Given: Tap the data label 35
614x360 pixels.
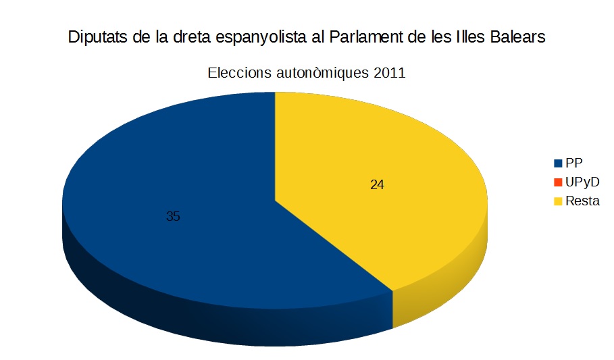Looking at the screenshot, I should pyautogui.click(x=173, y=217).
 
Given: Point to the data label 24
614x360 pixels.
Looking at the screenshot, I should pyautogui.click(x=377, y=184).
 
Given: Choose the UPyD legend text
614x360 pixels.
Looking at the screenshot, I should pyautogui.click(x=582, y=182).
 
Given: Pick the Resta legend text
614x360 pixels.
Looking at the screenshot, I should pyautogui.click(x=582, y=201).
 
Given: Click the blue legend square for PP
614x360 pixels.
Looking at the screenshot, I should pyautogui.click(x=558, y=163).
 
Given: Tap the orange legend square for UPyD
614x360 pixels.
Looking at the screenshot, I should pyautogui.click(x=558, y=182).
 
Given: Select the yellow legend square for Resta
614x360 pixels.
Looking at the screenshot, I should pyautogui.click(x=558, y=201).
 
